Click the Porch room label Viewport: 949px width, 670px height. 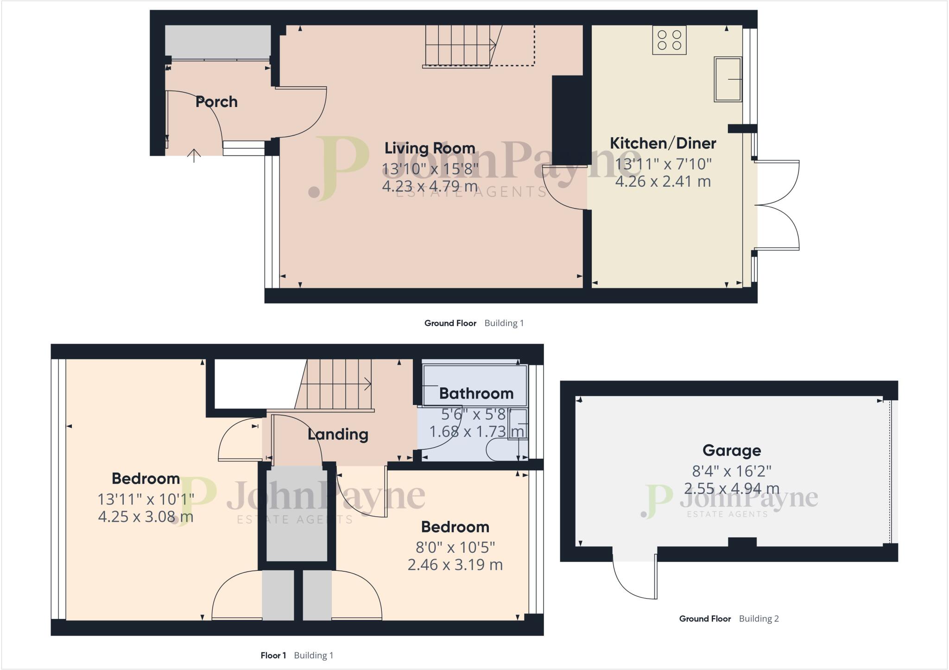pos(216,102)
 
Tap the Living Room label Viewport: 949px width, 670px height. pos(430,148)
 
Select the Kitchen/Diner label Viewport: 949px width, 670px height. pos(663,143)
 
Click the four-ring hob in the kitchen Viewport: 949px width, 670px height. pos(669,40)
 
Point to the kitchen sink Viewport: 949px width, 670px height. pos(728,79)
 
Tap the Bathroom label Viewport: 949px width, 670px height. pos(476,394)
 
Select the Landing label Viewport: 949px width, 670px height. pos(338,435)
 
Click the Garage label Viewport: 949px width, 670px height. pos(731,450)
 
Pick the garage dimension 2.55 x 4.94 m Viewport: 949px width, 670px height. pos(732,488)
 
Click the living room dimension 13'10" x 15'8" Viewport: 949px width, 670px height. pos(430,169)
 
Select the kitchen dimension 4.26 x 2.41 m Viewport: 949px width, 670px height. pos(663,181)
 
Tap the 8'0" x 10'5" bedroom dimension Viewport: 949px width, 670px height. pos(455,548)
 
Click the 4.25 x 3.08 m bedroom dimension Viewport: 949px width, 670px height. pos(146,517)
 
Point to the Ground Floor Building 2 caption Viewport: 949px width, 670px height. pos(728,619)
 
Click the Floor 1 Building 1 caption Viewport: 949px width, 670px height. pos(297,655)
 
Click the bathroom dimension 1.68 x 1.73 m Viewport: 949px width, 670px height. pos(476,432)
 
